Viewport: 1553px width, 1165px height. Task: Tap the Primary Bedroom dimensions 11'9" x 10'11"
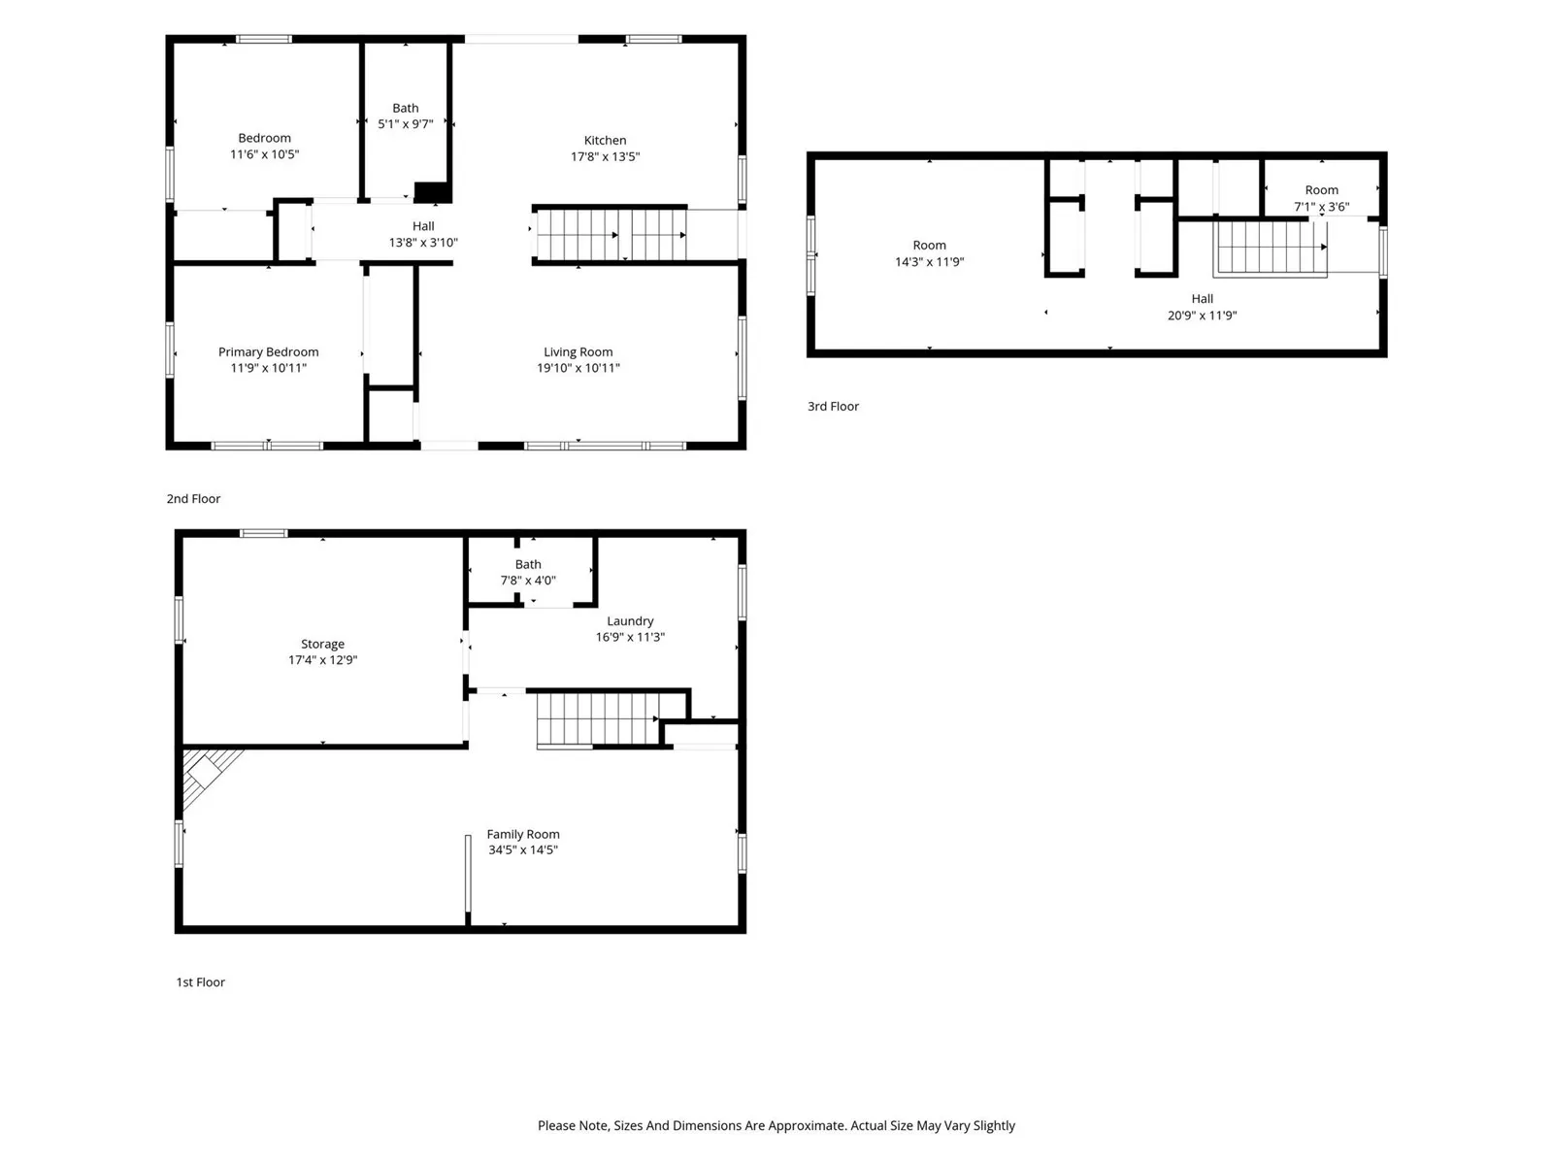click(268, 368)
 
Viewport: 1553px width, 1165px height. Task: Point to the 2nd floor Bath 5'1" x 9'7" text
click(406, 116)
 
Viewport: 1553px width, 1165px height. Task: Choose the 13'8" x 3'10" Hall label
click(423, 234)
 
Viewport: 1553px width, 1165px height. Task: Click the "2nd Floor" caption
click(193, 499)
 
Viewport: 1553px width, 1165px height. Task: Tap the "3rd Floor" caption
click(833, 406)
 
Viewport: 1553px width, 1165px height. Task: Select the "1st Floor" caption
click(200, 982)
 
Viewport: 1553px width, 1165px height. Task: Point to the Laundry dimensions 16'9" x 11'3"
click(630, 637)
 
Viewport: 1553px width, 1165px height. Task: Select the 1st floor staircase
click(599, 719)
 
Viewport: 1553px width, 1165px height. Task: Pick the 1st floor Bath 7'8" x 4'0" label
click(528, 572)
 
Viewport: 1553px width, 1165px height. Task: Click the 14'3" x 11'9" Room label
click(929, 253)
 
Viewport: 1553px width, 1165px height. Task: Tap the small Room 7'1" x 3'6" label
click(1321, 198)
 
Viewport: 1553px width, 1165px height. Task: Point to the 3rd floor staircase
click(1270, 248)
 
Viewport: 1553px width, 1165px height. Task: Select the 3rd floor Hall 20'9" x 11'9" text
click(1202, 307)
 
